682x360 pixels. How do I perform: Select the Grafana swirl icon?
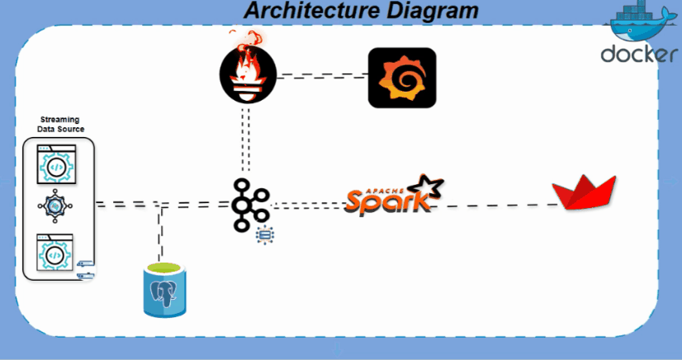tap(402, 78)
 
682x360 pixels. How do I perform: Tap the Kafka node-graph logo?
tap(250, 204)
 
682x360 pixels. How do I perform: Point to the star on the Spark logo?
tap(426, 186)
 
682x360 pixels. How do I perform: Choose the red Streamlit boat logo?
tap(584, 192)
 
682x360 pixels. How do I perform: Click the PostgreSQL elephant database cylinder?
tap(164, 290)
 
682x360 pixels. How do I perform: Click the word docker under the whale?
tap(639, 54)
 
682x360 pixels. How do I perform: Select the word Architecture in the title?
tap(311, 10)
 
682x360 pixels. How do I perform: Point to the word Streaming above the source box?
tap(60, 119)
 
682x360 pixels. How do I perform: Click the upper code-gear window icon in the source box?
tap(56, 164)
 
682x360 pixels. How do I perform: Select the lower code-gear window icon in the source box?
tap(54, 252)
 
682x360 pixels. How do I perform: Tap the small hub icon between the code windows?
tap(55, 206)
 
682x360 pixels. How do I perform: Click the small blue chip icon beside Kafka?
tap(265, 235)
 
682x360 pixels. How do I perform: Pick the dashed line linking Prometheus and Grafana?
tap(322, 76)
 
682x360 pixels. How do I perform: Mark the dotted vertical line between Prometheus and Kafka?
tap(246, 140)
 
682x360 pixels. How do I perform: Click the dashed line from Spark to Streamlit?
tap(494, 206)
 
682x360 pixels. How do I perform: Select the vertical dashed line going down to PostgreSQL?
tap(161, 232)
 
